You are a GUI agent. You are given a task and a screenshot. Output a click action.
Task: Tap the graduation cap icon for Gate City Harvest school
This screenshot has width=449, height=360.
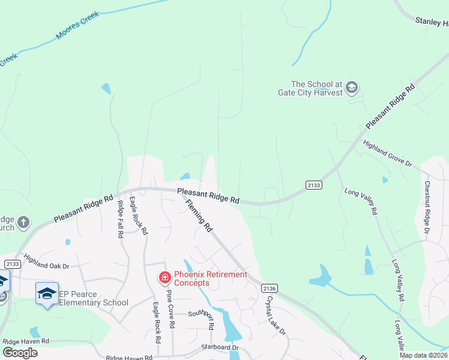coord(352,88)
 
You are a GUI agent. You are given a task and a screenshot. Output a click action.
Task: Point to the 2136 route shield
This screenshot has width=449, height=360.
coord(270,289)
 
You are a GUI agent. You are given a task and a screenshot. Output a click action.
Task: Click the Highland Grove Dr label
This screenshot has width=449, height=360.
coord(387,154)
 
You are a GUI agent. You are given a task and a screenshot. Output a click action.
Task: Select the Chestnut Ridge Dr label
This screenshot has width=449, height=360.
coord(427,207)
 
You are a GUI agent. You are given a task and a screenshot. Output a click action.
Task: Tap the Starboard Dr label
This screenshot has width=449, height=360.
coord(220,347)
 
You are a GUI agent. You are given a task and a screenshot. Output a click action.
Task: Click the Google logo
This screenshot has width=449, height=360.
coord(20,353)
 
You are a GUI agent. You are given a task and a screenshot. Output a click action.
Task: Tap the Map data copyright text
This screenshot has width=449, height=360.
coord(423,355)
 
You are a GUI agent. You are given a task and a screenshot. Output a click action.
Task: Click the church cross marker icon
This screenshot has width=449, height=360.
coord(23,223)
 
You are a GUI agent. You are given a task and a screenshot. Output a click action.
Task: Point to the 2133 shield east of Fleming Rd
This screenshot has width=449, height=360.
coord(313,185)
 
